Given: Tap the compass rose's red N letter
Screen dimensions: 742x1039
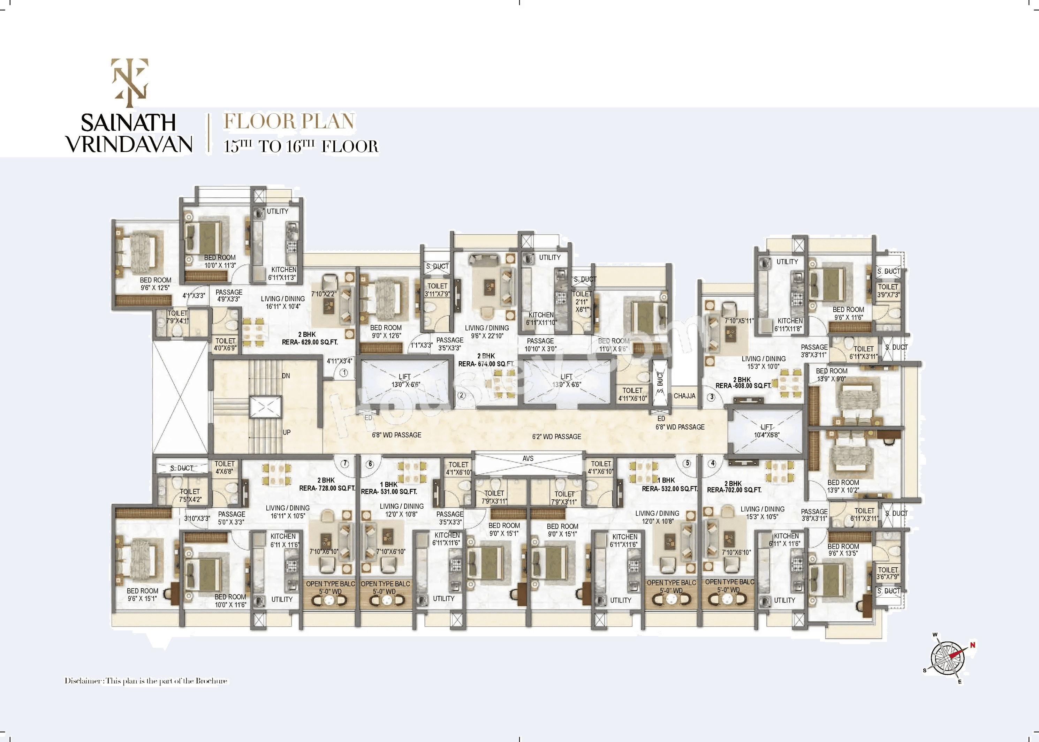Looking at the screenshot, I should (x=973, y=645).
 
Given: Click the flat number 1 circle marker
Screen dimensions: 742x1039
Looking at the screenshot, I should (x=344, y=373).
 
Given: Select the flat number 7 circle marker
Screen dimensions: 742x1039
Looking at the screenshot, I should (x=345, y=463).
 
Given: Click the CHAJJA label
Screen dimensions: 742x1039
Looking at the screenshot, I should (x=684, y=396).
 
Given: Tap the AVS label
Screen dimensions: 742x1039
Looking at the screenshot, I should (x=528, y=458).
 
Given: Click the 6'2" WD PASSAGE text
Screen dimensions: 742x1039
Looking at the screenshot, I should (x=556, y=437).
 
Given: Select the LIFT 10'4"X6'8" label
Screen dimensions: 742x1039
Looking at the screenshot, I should (x=766, y=431).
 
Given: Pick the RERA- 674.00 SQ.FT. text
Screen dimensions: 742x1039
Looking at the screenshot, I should (x=486, y=364).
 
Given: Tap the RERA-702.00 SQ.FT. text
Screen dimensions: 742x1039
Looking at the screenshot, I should (x=734, y=490).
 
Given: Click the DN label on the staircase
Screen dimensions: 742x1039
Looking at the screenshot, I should (x=286, y=376).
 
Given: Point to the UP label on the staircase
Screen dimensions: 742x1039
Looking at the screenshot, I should (x=287, y=432).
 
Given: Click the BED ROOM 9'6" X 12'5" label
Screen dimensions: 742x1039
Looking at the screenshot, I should (x=156, y=284).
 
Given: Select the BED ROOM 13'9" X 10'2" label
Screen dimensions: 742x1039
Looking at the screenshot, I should (x=843, y=486).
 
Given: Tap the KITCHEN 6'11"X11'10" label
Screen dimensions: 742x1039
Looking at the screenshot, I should (x=541, y=318).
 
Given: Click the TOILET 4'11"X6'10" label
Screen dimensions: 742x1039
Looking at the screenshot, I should (x=632, y=394).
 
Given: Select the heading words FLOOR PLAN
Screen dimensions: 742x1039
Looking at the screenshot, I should (x=289, y=122).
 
